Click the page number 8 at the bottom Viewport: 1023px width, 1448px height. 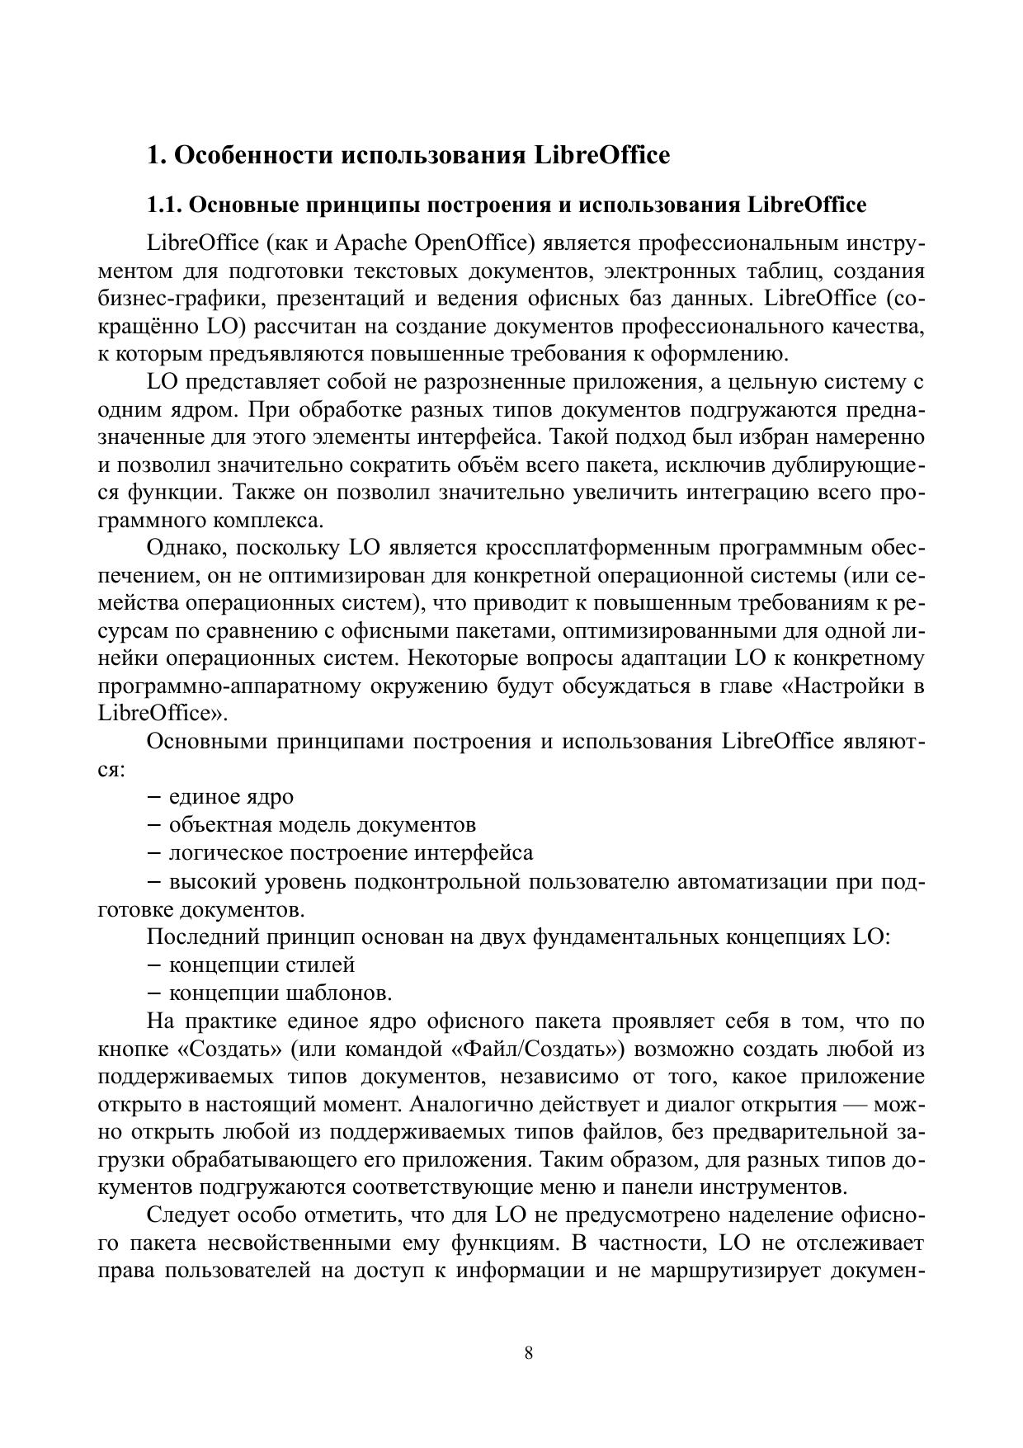(528, 1353)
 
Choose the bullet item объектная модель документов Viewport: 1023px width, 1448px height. (322, 824)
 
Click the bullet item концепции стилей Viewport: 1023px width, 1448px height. (262, 965)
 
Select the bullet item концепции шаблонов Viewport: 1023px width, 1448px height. (280, 993)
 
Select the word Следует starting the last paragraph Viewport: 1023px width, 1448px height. (187, 1215)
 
